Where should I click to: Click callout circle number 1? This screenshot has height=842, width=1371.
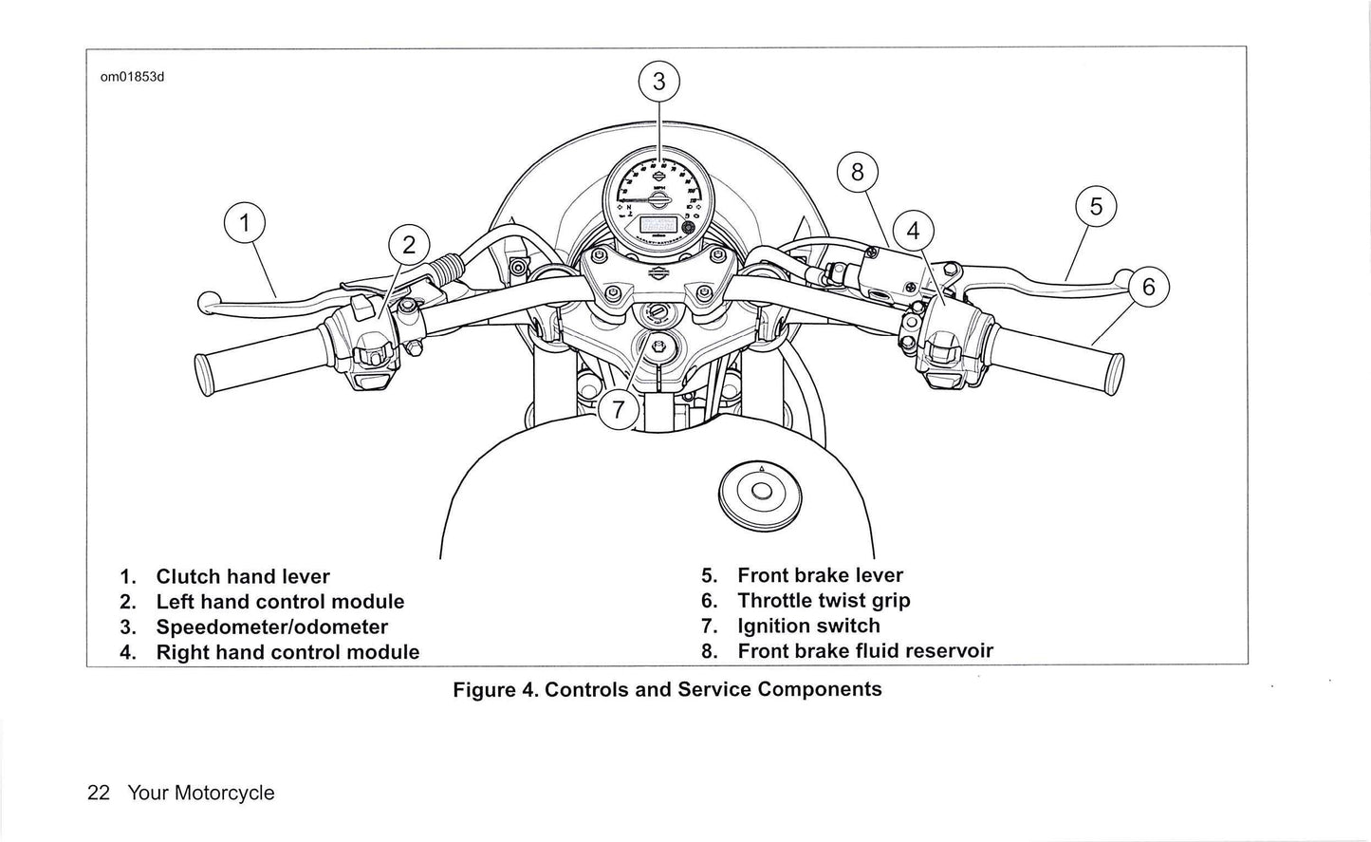[245, 224]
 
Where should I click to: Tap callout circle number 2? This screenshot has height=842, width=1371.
[409, 246]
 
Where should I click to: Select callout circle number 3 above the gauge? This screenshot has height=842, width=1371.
[659, 82]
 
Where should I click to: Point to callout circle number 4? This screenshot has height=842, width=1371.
[913, 231]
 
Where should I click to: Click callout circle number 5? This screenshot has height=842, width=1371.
[1096, 206]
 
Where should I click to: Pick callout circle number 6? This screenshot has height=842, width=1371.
[1148, 286]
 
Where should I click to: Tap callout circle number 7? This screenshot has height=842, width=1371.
[619, 410]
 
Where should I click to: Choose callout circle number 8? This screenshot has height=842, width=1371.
[858, 172]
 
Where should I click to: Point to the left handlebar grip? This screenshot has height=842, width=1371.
[256, 359]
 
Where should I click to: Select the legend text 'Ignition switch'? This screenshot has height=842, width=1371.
[808, 626]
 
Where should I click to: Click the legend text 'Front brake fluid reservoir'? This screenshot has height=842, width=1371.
[864, 651]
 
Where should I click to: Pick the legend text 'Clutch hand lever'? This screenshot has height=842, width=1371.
[243, 576]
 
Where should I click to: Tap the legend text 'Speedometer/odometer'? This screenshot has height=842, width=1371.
[271, 627]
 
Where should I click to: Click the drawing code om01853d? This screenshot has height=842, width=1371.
[133, 77]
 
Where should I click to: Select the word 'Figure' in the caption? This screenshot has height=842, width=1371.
[484, 689]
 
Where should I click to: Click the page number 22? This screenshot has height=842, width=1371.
[99, 793]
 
